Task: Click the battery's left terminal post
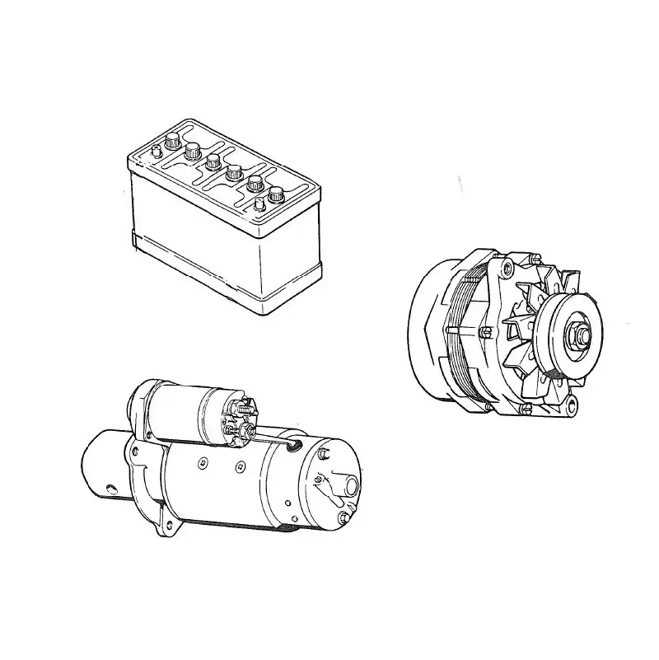point(157,151)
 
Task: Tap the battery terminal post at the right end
point(259,202)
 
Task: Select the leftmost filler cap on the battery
point(173,141)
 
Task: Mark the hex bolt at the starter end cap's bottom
point(342,517)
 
